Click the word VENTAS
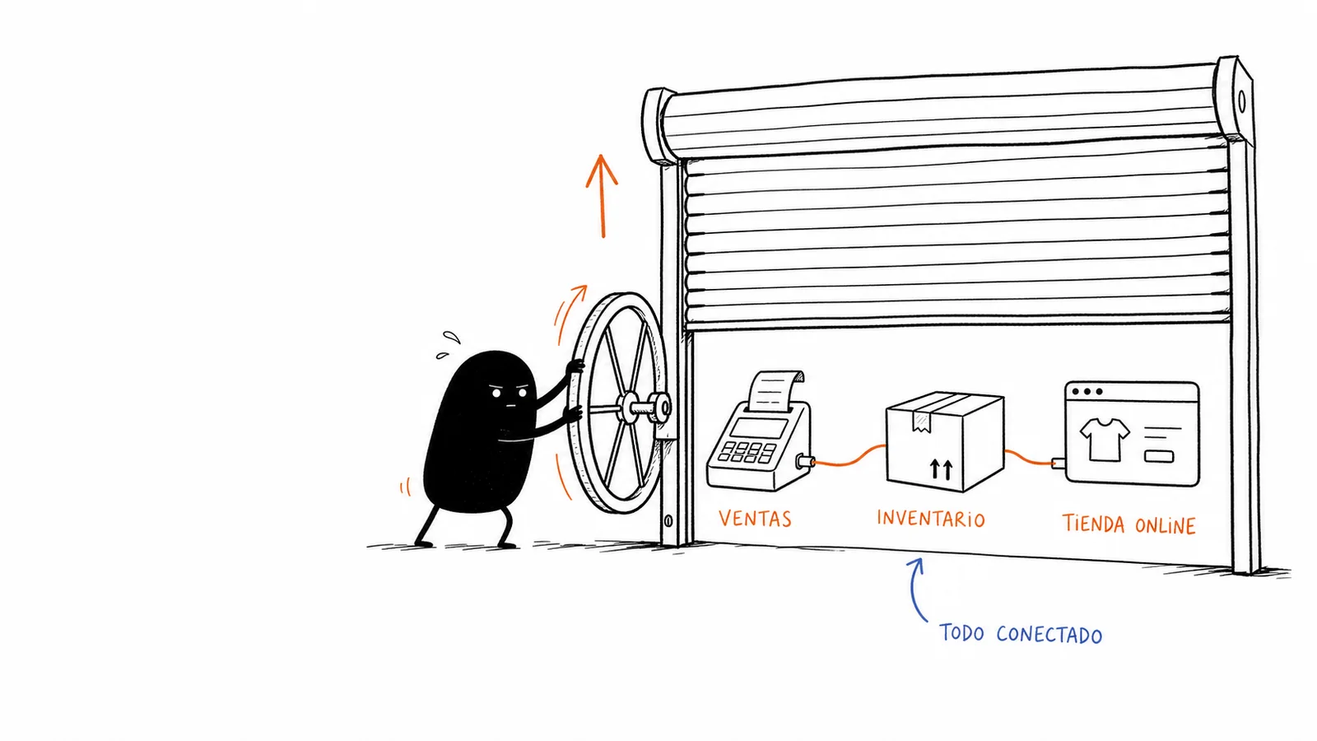coord(755,518)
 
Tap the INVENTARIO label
coord(931,519)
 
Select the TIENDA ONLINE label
coord(1129,524)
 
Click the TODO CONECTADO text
coord(1021,634)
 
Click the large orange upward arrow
coord(602,196)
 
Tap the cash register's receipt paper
coord(775,390)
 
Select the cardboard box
coord(945,441)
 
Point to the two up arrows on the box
coord(942,469)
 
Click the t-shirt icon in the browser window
coord(1105,439)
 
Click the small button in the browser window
coord(1159,456)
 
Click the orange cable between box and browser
coord(1028,459)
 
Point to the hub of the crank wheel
coord(629,407)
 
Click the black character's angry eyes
coord(510,393)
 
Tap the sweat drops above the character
coord(448,345)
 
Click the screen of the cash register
coord(758,427)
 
